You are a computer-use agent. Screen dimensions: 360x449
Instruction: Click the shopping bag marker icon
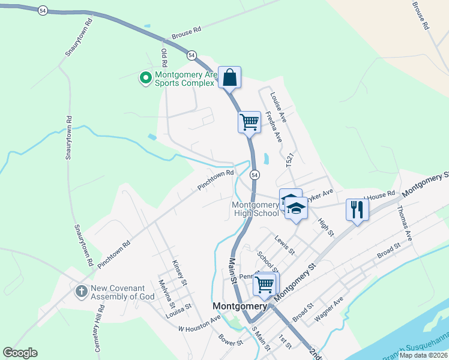[229, 77]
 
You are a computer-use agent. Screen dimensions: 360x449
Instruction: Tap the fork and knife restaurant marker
[357, 209]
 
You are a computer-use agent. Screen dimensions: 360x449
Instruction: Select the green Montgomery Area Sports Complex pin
[145, 78]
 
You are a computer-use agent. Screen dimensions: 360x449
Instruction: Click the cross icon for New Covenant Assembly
[81, 292]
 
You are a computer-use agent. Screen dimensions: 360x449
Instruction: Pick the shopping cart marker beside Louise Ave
[249, 122]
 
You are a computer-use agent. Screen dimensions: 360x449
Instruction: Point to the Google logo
[20, 353]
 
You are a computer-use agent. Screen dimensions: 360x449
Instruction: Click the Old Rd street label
[163, 58]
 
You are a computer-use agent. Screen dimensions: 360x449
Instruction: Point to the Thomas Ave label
[405, 224]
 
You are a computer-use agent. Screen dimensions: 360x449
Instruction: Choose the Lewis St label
[285, 245]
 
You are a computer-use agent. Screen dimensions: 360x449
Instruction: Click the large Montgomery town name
[240, 306]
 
